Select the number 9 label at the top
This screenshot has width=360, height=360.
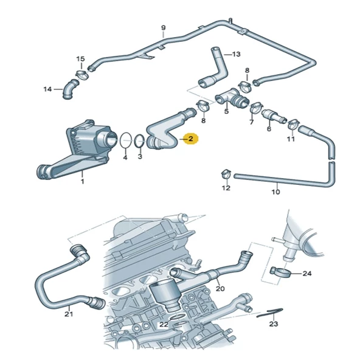(163, 28)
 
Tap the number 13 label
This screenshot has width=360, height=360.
(237, 54)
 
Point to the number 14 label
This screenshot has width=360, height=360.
(47, 90)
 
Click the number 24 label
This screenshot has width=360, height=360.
(306, 274)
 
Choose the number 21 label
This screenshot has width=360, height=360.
(68, 314)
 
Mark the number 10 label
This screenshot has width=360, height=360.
(275, 192)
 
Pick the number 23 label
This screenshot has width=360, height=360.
(273, 325)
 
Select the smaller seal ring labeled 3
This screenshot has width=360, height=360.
(139, 142)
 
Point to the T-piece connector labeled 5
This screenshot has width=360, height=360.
(229, 97)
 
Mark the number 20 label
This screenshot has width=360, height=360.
(220, 288)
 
